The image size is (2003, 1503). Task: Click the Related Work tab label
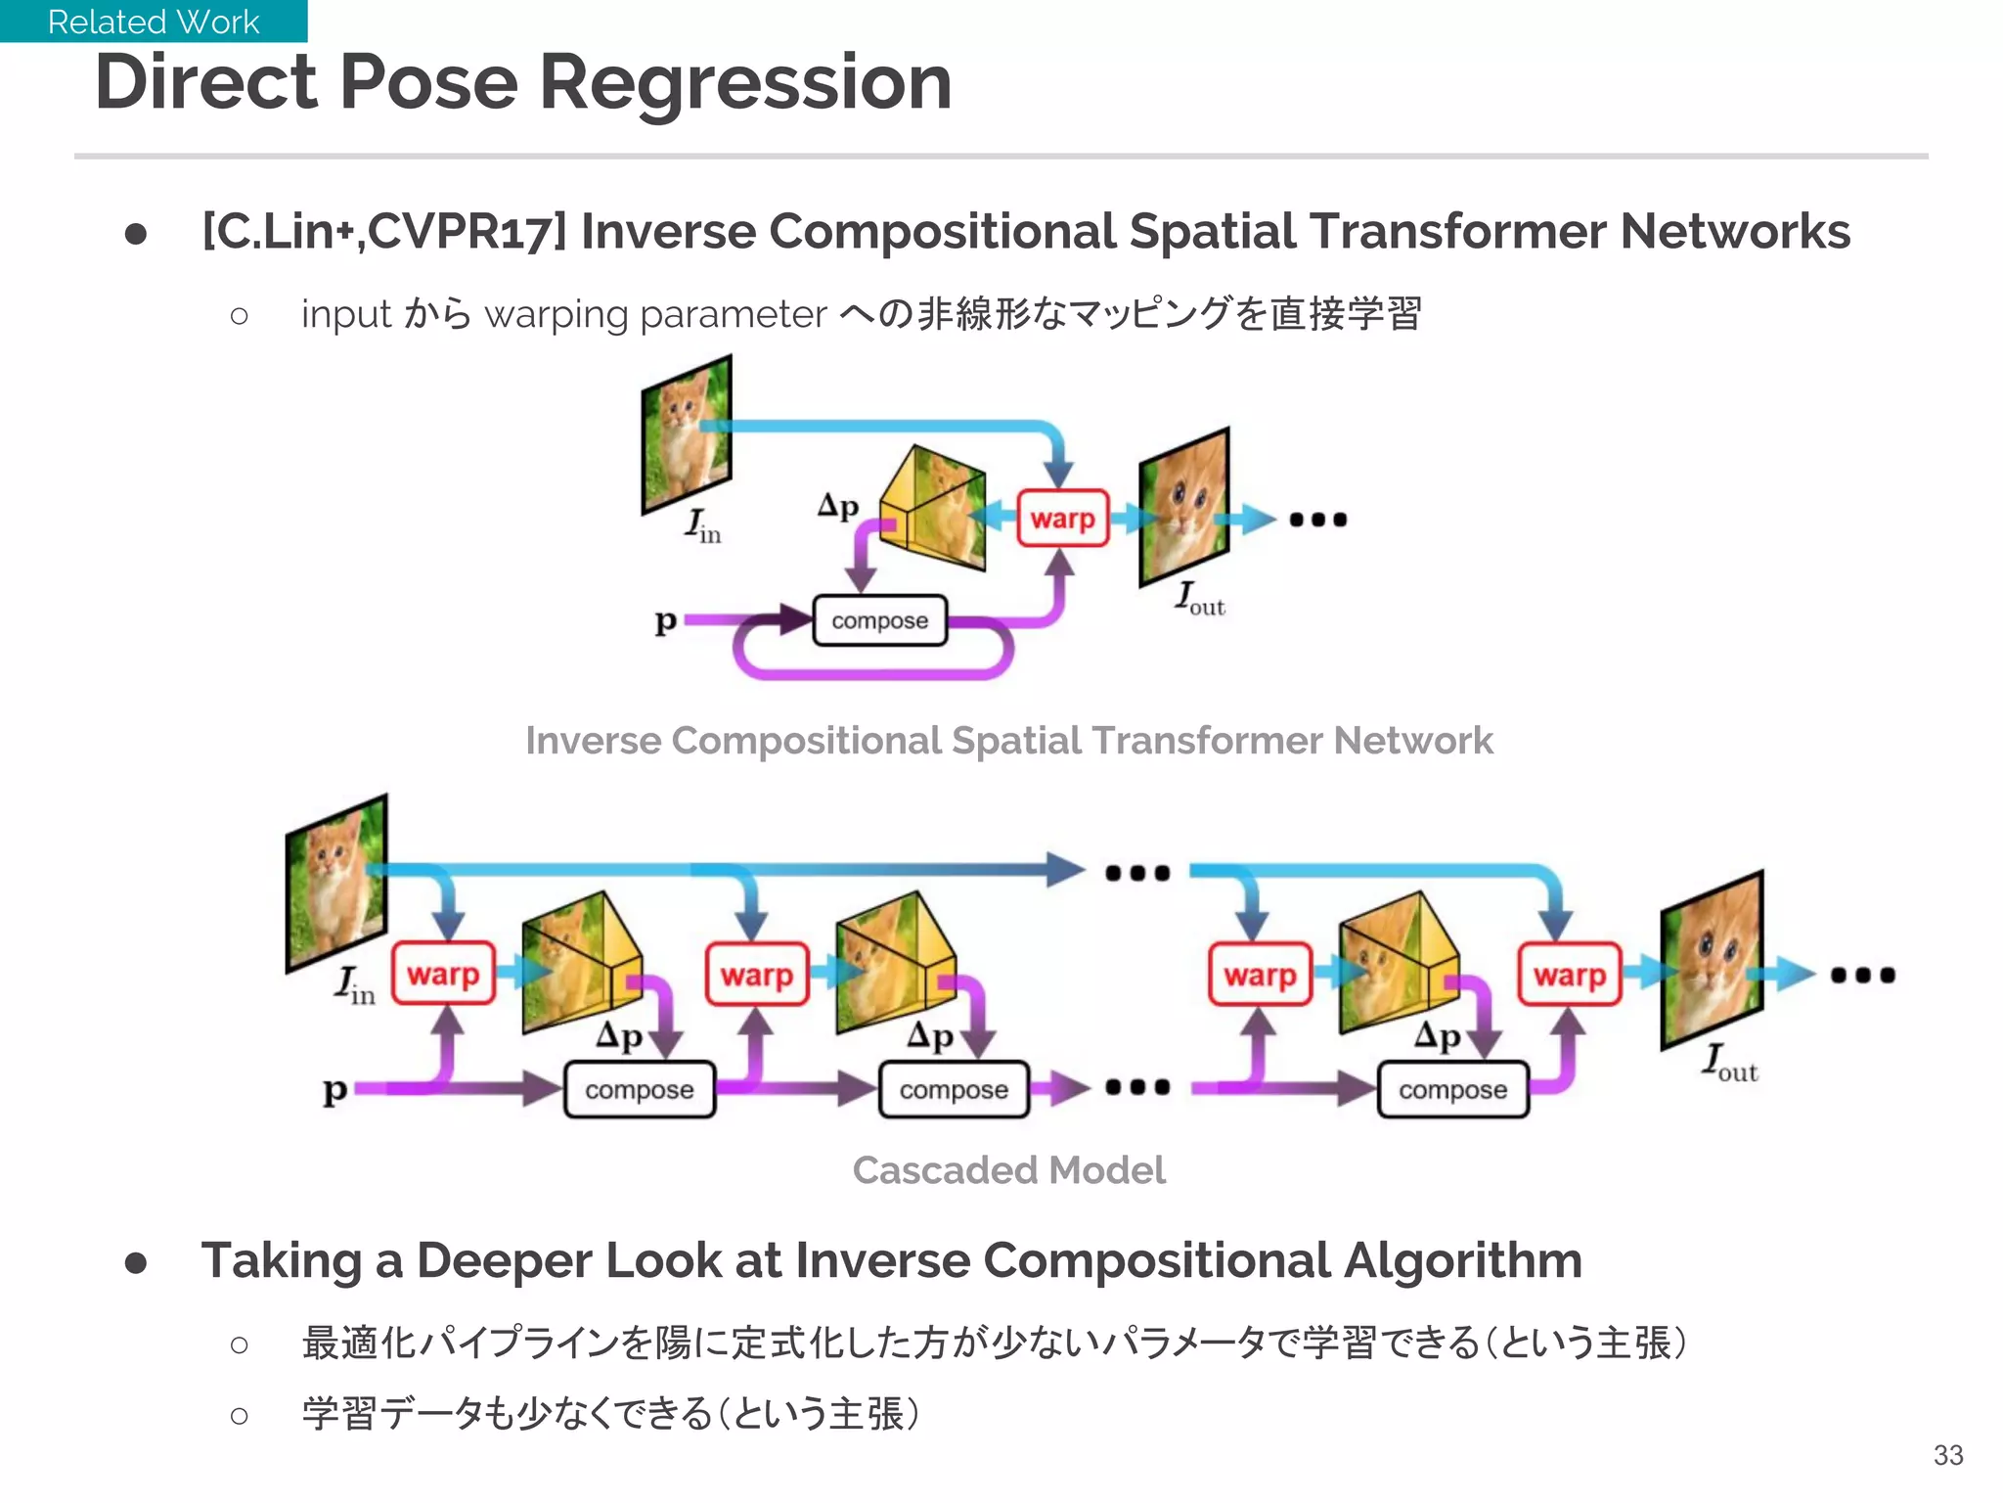[x=154, y=22]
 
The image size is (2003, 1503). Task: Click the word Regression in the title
[x=745, y=82]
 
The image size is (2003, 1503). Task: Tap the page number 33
[x=1947, y=1455]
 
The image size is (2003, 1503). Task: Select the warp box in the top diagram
[x=1062, y=518]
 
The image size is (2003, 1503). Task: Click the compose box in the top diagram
[x=879, y=620]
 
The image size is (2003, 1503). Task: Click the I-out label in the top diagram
[x=1200, y=598]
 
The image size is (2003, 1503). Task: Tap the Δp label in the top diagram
[x=838, y=506]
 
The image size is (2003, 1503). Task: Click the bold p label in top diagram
[x=665, y=620]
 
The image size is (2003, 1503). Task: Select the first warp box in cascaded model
[x=443, y=974]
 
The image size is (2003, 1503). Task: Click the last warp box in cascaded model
[x=1569, y=975]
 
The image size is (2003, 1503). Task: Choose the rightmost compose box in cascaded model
[x=1452, y=1089]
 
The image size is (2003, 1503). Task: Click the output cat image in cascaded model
[x=1712, y=959]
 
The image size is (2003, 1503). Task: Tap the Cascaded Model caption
[x=1008, y=1170]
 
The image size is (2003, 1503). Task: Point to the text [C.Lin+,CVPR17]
[x=383, y=232]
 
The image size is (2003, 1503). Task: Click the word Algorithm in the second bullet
[x=1462, y=1260]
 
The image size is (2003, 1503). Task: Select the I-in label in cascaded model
[x=354, y=984]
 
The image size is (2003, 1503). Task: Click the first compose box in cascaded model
[x=639, y=1089]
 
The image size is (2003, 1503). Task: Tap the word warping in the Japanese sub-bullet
[x=556, y=314]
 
